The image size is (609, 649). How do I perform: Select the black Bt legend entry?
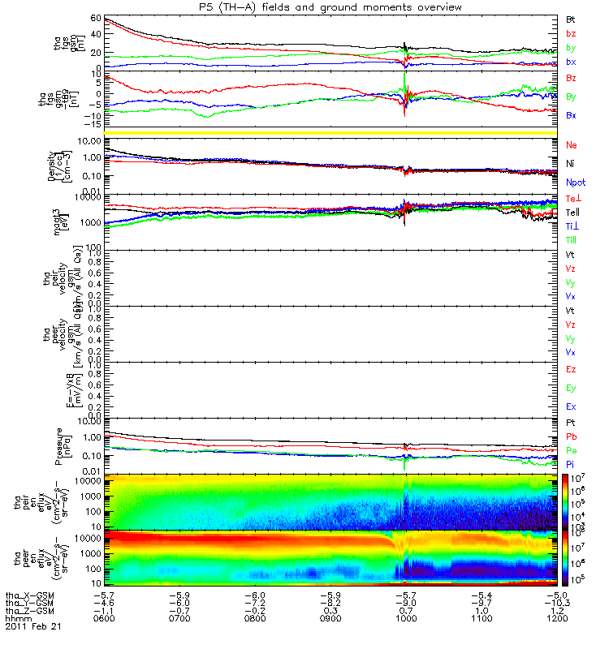[x=571, y=19]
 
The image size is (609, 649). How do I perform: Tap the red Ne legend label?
[x=571, y=144]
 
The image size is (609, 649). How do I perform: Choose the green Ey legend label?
[x=571, y=388]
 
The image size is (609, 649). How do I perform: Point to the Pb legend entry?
[x=571, y=437]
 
